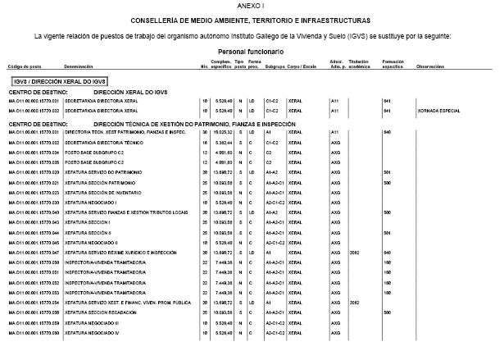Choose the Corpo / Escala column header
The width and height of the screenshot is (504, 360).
(306, 65)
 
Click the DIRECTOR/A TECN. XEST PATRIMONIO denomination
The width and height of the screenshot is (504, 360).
(112, 132)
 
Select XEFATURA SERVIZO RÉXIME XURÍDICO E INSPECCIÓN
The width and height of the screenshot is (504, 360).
(117, 252)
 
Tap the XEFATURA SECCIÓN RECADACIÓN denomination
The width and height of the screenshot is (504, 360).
(96, 312)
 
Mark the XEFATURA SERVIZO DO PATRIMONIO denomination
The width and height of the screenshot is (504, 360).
(98, 172)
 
